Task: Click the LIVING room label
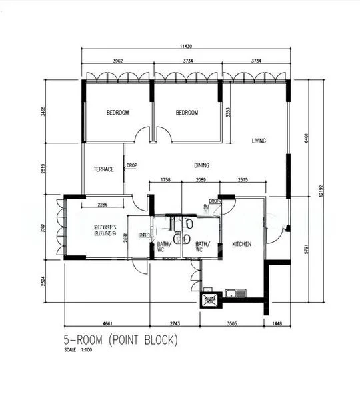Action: point(259,141)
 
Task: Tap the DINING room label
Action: point(203,165)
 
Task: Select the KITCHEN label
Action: point(241,245)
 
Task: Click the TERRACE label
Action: point(104,169)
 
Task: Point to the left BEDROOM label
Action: point(118,113)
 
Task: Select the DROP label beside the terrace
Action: point(132,166)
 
